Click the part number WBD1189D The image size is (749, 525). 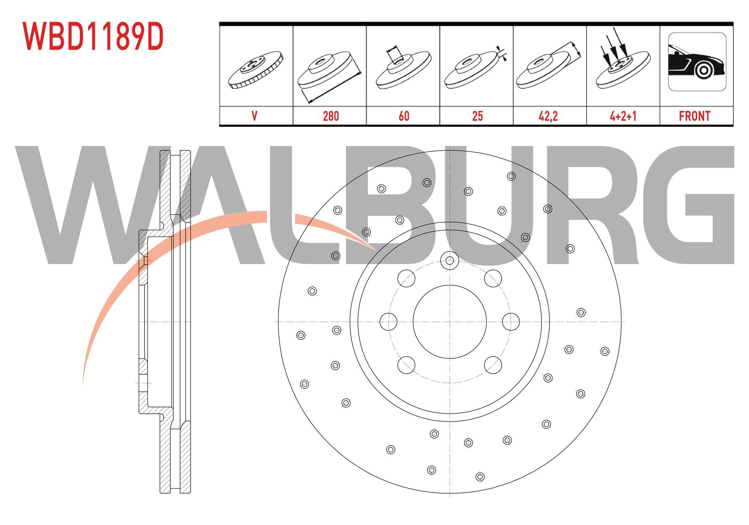93,37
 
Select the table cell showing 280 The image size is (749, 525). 331,116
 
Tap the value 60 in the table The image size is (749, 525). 404,116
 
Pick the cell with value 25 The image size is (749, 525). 477,116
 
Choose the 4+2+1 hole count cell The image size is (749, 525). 623,116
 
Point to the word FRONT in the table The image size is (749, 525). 694,116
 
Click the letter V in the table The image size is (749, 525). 254,116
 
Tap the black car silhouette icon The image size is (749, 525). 697,62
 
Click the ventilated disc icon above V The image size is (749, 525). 255,70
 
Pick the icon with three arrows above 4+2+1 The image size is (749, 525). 622,63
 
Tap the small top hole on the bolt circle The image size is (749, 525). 450,260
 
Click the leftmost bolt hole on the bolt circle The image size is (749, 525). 388,322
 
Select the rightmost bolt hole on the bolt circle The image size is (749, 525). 511,322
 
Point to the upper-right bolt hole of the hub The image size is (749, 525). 493,278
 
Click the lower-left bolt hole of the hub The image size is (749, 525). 407,365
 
